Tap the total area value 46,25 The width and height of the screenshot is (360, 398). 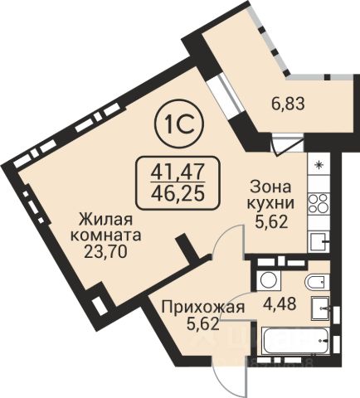click(x=178, y=193)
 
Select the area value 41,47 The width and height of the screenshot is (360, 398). click(x=178, y=172)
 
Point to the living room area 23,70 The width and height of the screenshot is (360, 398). click(x=105, y=251)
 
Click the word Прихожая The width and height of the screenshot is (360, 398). click(x=203, y=308)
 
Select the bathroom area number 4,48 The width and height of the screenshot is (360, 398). click(x=279, y=303)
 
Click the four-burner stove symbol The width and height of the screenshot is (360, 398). click(x=318, y=204)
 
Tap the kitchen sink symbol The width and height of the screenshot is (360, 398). click(x=319, y=241)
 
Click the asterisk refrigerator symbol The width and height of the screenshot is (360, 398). click(x=319, y=165)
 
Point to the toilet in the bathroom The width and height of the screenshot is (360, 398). click(x=317, y=282)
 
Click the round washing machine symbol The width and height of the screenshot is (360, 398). click(x=268, y=279)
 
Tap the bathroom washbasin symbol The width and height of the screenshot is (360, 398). click(x=320, y=308)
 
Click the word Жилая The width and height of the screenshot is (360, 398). click(x=106, y=221)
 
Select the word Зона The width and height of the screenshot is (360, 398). click(x=270, y=187)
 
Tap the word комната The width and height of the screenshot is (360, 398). click(x=106, y=236)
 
